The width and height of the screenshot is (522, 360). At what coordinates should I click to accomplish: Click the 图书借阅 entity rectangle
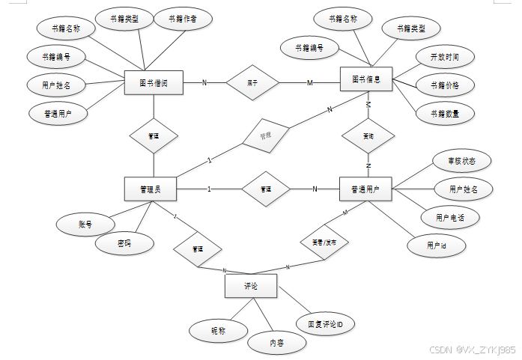click(154, 83)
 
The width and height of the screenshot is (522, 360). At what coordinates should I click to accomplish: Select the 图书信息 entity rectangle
click(366, 79)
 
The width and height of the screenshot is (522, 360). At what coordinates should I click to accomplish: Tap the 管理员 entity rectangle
click(151, 189)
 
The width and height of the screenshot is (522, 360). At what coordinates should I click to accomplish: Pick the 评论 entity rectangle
click(251, 286)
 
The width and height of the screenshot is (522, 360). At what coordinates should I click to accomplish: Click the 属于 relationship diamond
click(252, 83)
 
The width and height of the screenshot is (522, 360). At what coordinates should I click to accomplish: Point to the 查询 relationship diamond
click(368, 137)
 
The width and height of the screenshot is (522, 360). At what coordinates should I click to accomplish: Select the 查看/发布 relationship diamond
click(324, 242)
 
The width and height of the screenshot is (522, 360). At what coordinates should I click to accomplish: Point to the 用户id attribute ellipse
click(436, 245)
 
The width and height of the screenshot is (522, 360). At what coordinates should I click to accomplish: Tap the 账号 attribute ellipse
click(85, 223)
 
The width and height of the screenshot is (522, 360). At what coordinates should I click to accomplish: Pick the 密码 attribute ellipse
click(124, 244)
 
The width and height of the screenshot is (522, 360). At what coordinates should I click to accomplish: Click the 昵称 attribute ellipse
click(218, 329)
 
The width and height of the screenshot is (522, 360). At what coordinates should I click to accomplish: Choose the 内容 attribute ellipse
click(277, 342)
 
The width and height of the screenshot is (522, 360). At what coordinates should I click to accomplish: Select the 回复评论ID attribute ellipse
click(325, 324)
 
